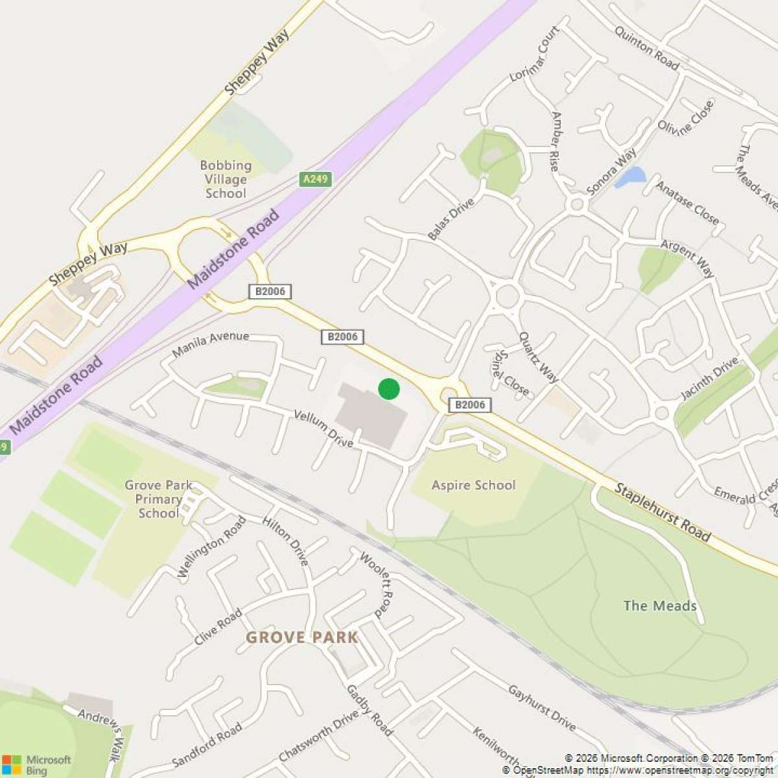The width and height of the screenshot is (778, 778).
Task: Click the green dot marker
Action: [x=388, y=389]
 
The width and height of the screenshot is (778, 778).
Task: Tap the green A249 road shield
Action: [x=316, y=179]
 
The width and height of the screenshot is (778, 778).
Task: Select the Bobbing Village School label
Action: [x=226, y=180]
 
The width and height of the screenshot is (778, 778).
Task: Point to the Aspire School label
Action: [x=473, y=485]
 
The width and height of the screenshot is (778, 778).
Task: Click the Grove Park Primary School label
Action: [x=158, y=499]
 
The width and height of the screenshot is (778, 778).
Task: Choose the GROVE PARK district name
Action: [x=301, y=637]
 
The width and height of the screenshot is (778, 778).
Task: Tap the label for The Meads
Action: [x=659, y=606]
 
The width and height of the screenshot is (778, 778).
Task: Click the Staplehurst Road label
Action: [x=662, y=512]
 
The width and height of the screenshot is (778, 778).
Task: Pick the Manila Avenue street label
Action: [x=211, y=343]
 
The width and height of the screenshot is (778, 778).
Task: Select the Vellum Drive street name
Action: [x=324, y=428]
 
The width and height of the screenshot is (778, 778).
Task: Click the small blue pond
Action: [x=630, y=176]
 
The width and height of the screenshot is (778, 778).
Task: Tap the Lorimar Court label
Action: [x=535, y=54]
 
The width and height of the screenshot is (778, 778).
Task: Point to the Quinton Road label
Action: [x=646, y=49]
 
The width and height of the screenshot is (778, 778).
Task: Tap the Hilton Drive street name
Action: [x=285, y=541]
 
